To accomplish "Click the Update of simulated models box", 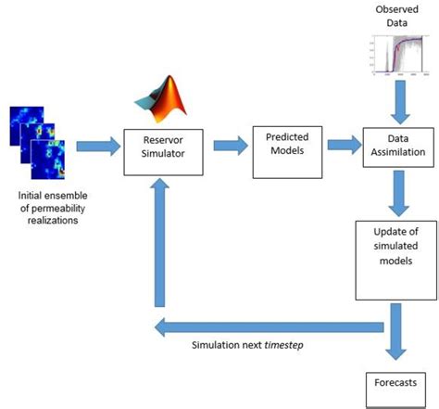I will pyautogui.click(x=396, y=257).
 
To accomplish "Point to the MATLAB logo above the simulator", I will pyautogui.click(x=158, y=100).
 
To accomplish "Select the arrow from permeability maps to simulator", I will pyautogui.click(x=95, y=146).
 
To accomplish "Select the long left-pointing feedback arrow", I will pyautogui.click(x=269, y=326).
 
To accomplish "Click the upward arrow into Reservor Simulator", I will pyautogui.click(x=160, y=241).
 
